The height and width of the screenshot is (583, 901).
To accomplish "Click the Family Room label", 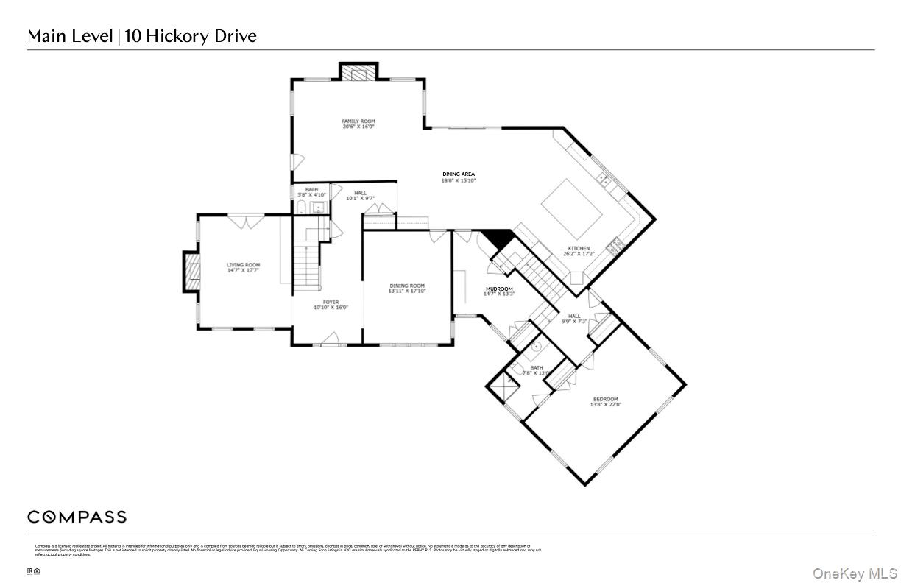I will click(x=358, y=121).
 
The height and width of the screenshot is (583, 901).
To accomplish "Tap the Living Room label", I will click(x=243, y=265).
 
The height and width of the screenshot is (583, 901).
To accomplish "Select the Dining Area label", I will click(x=458, y=174).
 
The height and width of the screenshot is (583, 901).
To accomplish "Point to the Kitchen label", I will click(x=579, y=249).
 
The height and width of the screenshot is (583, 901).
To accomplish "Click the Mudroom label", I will click(x=499, y=289).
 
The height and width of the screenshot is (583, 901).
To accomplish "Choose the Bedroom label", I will click(x=605, y=399).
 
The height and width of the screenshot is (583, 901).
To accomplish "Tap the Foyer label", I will click(x=331, y=302).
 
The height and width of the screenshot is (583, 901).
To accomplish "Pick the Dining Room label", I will click(x=407, y=286).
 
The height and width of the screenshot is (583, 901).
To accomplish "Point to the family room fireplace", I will click(x=358, y=73).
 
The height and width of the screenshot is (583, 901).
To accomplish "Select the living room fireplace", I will click(x=191, y=273).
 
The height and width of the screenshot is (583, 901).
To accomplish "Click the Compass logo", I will click(x=77, y=517).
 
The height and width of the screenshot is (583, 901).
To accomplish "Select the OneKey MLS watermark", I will click(x=855, y=573).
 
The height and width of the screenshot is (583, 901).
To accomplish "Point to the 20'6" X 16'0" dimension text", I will click(x=358, y=127).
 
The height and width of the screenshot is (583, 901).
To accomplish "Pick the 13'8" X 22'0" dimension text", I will click(x=605, y=405).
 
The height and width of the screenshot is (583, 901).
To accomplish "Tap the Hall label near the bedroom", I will click(x=574, y=316).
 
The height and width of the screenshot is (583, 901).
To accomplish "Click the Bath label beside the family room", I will click(x=312, y=189).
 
